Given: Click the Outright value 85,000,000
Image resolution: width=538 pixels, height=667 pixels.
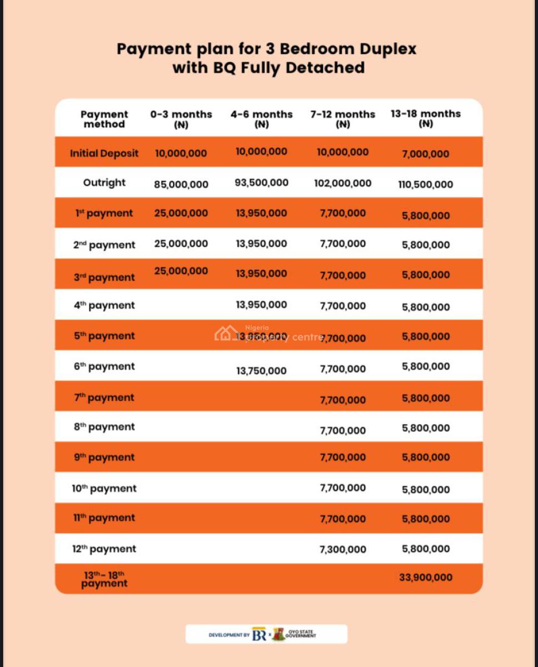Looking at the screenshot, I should (181, 184).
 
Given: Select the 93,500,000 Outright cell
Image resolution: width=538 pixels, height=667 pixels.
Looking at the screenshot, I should (261, 182).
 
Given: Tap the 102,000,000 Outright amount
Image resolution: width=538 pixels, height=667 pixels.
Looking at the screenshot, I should (342, 183).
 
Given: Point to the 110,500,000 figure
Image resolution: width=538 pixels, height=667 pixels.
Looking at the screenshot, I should (425, 185).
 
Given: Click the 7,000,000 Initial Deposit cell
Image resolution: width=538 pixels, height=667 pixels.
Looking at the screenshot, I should (425, 154).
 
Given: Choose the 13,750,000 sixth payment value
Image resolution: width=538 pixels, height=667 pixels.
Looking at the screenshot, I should (261, 371).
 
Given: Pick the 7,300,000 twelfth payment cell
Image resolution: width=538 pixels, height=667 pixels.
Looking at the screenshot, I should (342, 549).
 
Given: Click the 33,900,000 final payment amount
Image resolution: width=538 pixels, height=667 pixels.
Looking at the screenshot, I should (425, 578).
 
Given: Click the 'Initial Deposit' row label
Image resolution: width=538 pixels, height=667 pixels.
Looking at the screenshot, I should (104, 153).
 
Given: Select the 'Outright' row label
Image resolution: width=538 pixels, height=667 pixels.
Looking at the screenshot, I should (104, 183).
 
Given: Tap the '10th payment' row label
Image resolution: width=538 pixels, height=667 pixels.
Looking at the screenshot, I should (104, 489).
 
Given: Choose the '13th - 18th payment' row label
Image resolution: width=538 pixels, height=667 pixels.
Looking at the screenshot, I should (104, 579).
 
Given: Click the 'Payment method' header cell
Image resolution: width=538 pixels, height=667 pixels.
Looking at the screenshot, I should (104, 119).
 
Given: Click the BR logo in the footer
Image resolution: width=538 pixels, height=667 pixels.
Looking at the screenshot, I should (259, 635).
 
